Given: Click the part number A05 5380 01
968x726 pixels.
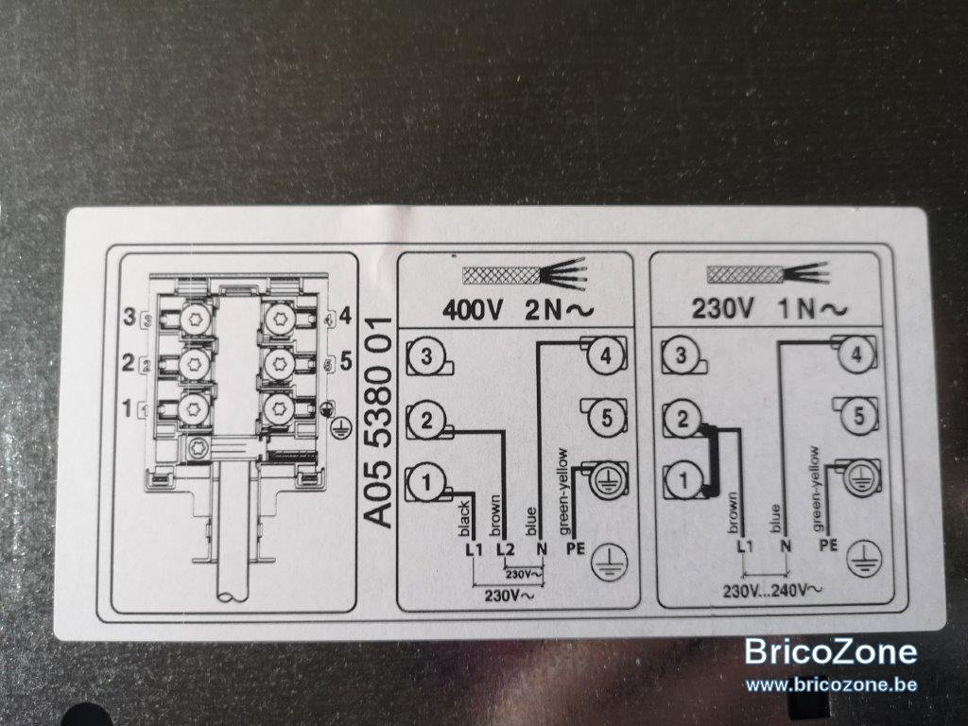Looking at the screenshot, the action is (376, 423).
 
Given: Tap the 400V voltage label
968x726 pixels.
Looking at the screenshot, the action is (473, 310).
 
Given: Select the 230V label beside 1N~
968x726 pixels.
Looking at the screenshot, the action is (722, 308).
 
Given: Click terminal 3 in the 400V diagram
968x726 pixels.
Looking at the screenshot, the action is (426, 356).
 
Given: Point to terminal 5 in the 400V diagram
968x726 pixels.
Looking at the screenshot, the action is (606, 418).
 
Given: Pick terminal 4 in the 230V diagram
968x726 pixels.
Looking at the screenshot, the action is (856, 354).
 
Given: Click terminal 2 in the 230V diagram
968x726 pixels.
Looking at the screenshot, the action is (683, 419).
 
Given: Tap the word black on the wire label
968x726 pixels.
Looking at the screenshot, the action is (464, 519).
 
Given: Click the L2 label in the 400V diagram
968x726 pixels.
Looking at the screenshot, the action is (505, 548).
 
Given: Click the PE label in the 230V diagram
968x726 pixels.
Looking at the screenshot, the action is (828, 545).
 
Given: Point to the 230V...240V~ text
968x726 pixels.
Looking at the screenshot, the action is (772, 591).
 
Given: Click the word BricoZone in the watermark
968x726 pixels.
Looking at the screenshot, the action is (831, 652).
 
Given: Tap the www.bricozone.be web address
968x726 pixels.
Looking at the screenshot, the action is (831, 684).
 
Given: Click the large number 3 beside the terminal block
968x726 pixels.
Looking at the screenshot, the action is (129, 318).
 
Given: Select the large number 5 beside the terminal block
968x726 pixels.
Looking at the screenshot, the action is (346, 361).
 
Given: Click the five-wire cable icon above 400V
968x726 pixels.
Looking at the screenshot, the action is (524, 274).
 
